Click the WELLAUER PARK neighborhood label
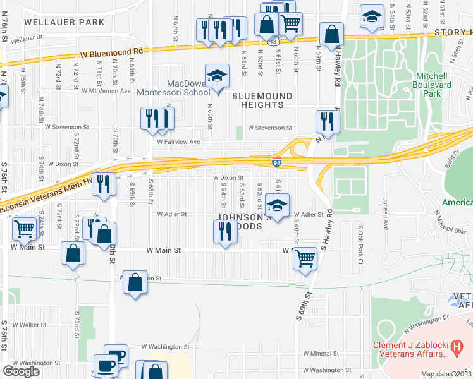click(64, 22)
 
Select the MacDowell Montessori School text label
click(188, 88)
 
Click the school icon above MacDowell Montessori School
click(217, 76)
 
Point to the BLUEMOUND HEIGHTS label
click(262, 100)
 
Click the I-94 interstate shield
click(277, 162)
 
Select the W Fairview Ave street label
click(178, 142)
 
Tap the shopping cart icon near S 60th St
click(305, 258)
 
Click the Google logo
click(21, 371)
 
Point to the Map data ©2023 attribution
click(446, 374)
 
